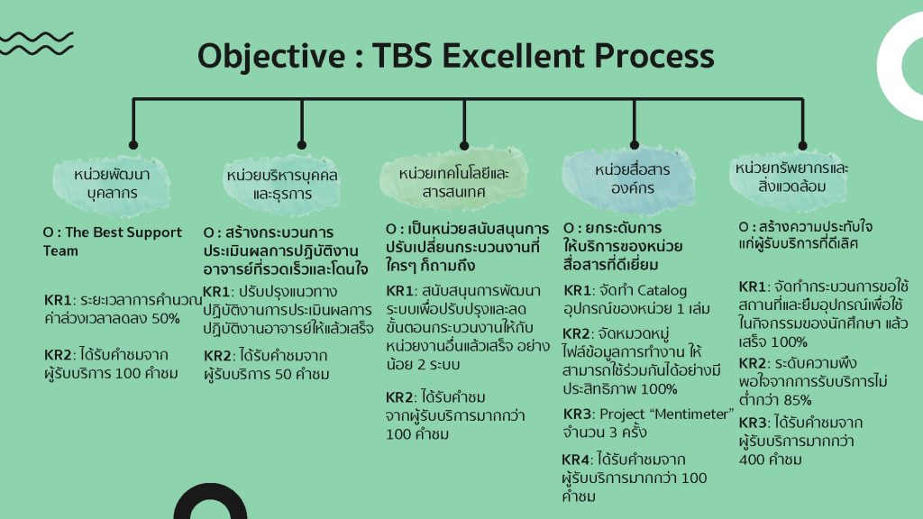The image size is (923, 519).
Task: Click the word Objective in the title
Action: tap(271, 57)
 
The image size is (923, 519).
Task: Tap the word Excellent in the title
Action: tap(513, 56)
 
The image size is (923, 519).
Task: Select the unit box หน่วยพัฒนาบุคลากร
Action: tap(112, 184)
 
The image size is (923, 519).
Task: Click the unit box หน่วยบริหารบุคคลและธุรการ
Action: tap(282, 184)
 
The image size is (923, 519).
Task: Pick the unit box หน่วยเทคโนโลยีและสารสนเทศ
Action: tap(453, 182)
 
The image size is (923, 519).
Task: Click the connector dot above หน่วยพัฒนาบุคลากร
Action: tap(133, 145)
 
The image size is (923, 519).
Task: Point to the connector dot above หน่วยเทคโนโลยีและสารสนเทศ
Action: tap(464, 145)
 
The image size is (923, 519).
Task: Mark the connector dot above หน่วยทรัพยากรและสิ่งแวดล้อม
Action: tap(803, 145)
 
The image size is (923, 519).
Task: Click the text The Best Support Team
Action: tap(113, 241)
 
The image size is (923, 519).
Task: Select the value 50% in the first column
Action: tap(166, 319)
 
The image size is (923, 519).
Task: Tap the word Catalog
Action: tap(663, 291)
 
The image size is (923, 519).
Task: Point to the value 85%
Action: tap(798, 400)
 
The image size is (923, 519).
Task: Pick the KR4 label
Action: tap(576, 460)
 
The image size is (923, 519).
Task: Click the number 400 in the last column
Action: tap(752, 460)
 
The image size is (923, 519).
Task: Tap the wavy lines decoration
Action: tap(36, 43)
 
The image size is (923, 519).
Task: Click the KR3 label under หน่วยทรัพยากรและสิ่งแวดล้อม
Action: tap(753, 423)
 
